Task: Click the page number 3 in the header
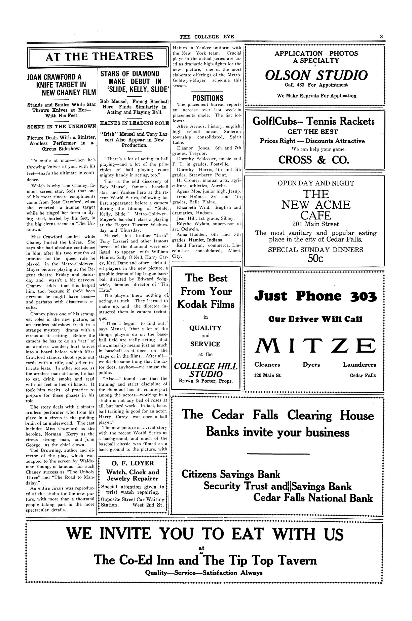click(382, 37)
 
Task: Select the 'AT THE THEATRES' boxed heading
click(100, 57)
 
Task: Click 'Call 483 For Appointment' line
click(316, 85)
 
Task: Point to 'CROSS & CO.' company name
click(313, 159)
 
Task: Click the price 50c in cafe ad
click(315, 258)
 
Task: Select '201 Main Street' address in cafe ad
click(315, 224)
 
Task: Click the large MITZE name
click(315, 346)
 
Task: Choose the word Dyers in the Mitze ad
click(311, 365)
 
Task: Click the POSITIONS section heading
click(208, 98)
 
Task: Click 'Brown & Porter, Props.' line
click(206, 382)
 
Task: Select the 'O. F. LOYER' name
click(132, 463)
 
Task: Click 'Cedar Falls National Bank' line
click(313, 498)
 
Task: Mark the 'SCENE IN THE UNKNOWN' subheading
click(62, 127)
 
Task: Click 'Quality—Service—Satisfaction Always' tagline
click(204, 573)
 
